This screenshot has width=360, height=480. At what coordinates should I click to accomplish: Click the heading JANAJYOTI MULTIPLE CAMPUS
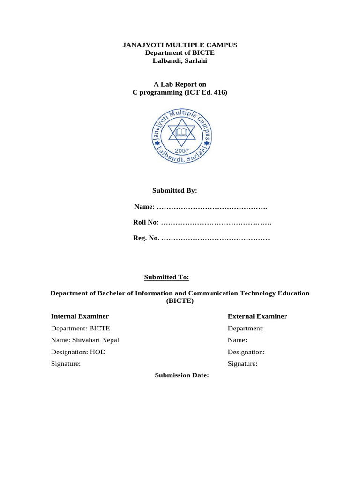[180, 45]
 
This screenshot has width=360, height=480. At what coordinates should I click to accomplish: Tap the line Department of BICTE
[180, 53]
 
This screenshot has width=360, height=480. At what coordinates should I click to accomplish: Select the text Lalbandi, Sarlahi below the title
[180, 61]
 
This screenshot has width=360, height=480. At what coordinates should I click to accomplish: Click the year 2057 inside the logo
[180, 151]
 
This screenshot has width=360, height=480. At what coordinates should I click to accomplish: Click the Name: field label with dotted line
[144, 207]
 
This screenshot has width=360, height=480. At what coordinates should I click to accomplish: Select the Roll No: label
[146, 223]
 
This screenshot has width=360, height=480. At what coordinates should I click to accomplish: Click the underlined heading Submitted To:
[166, 277]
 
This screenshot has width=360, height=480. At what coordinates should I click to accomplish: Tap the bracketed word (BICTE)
[180, 301]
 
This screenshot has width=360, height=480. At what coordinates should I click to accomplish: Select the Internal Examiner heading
[80, 316]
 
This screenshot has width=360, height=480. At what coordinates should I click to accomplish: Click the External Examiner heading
[257, 316]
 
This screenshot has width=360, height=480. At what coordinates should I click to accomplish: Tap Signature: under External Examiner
[242, 363]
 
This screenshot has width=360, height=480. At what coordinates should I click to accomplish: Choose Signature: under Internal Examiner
[66, 363]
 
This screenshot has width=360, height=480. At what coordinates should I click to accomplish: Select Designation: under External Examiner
[246, 352]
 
